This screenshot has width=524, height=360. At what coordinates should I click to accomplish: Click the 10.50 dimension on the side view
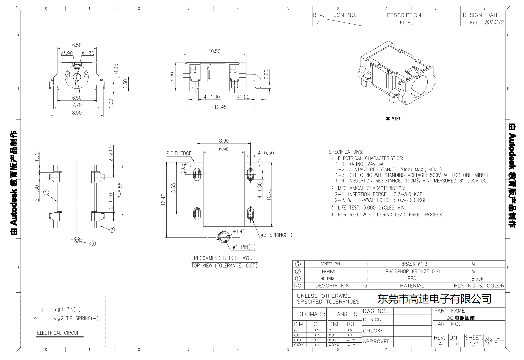click(214, 51)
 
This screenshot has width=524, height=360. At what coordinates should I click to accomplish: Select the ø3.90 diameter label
click(66, 53)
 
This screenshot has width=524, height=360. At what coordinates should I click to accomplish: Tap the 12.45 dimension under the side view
click(220, 107)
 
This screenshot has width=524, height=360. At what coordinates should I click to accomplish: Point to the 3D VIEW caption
click(393, 119)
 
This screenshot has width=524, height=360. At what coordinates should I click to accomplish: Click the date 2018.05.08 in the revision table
click(494, 23)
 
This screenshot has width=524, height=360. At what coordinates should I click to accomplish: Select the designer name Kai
click(473, 23)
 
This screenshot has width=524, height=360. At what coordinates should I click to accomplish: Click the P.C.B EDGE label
click(179, 153)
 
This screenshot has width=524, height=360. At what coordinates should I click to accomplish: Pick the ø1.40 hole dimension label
click(239, 231)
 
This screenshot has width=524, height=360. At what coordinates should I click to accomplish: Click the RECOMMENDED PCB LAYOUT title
click(225, 258)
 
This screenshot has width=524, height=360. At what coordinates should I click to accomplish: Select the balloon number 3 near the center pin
click(93, 243)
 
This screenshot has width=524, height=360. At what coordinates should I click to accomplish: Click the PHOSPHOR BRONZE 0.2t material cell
click(413, 271)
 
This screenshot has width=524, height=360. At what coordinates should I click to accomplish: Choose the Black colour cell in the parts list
click(477, 279)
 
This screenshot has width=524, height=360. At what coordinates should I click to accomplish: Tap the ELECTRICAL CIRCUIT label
click(58, 333)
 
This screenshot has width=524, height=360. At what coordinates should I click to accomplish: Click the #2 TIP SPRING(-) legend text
click(78, 318)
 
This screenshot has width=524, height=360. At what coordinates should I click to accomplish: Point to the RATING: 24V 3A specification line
click(359, 164)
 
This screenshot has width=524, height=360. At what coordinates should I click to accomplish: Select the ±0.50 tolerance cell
click(316, 330)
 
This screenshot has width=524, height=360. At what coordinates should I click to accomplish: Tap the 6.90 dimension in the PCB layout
click(224, 149)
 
